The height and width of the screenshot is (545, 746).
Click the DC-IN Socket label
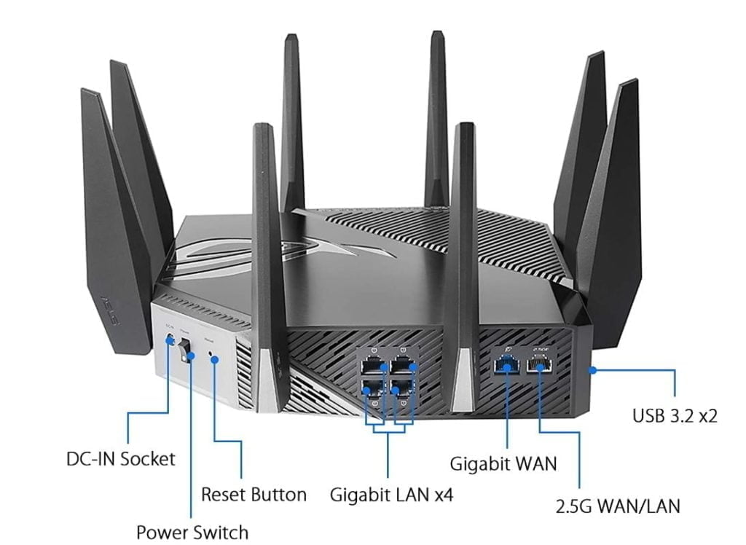[x=121, y=459]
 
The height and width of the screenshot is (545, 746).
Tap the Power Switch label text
[x=192, y=532]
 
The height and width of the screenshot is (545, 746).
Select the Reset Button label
[x=254, y=495]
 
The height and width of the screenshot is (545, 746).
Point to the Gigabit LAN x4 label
[x=391, y=495]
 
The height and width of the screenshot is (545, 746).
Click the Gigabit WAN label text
[x=503, y=463]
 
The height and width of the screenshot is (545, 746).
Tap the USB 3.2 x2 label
[x=675, y=416]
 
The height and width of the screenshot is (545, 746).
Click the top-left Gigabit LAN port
[x=372, y=364]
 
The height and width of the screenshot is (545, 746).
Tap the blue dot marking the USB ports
[x=593, y=370]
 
